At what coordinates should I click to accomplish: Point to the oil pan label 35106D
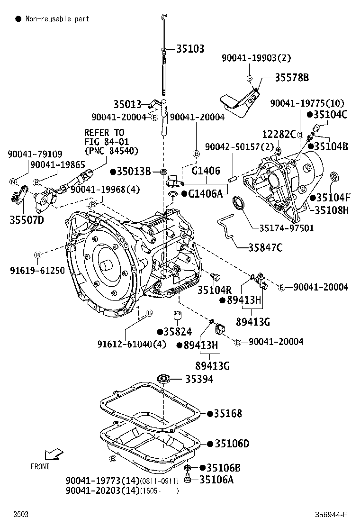(231, 444)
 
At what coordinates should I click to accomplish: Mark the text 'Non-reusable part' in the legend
(57, 19)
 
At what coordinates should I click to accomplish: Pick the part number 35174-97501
(293, 228)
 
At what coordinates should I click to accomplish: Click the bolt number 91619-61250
(37, 270)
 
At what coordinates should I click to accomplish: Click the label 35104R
(215, 289)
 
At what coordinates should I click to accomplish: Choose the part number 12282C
(279, 134)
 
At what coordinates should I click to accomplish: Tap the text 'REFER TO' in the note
(104, 133)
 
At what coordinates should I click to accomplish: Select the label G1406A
(205, 194)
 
